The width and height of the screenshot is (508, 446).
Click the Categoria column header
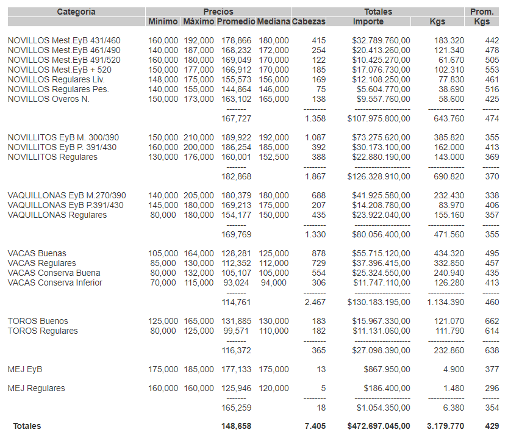[76, 12]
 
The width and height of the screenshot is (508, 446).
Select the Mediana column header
[273, 21]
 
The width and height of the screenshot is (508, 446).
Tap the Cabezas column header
[309, 21]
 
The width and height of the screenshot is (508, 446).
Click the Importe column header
[368, 21]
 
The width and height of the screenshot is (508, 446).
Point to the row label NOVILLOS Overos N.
[48, 99]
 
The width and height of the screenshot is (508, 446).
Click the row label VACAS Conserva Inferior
[55, 282]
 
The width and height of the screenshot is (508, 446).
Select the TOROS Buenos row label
[38, 321]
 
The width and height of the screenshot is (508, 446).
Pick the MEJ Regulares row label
[37, 388]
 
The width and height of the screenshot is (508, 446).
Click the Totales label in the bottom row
[27, 426]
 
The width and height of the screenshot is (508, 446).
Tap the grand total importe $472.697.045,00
[379, 426]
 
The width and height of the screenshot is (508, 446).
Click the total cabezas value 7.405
[315, 426]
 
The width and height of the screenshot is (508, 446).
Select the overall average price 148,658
[236, 426]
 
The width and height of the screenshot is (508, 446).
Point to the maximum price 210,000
[199, 137]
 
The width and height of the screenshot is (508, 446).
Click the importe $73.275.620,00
[381, 137]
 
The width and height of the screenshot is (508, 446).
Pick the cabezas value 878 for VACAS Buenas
[318, 253]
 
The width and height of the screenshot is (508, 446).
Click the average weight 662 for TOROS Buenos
[492, 321]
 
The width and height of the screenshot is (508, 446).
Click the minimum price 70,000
[163, 282]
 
